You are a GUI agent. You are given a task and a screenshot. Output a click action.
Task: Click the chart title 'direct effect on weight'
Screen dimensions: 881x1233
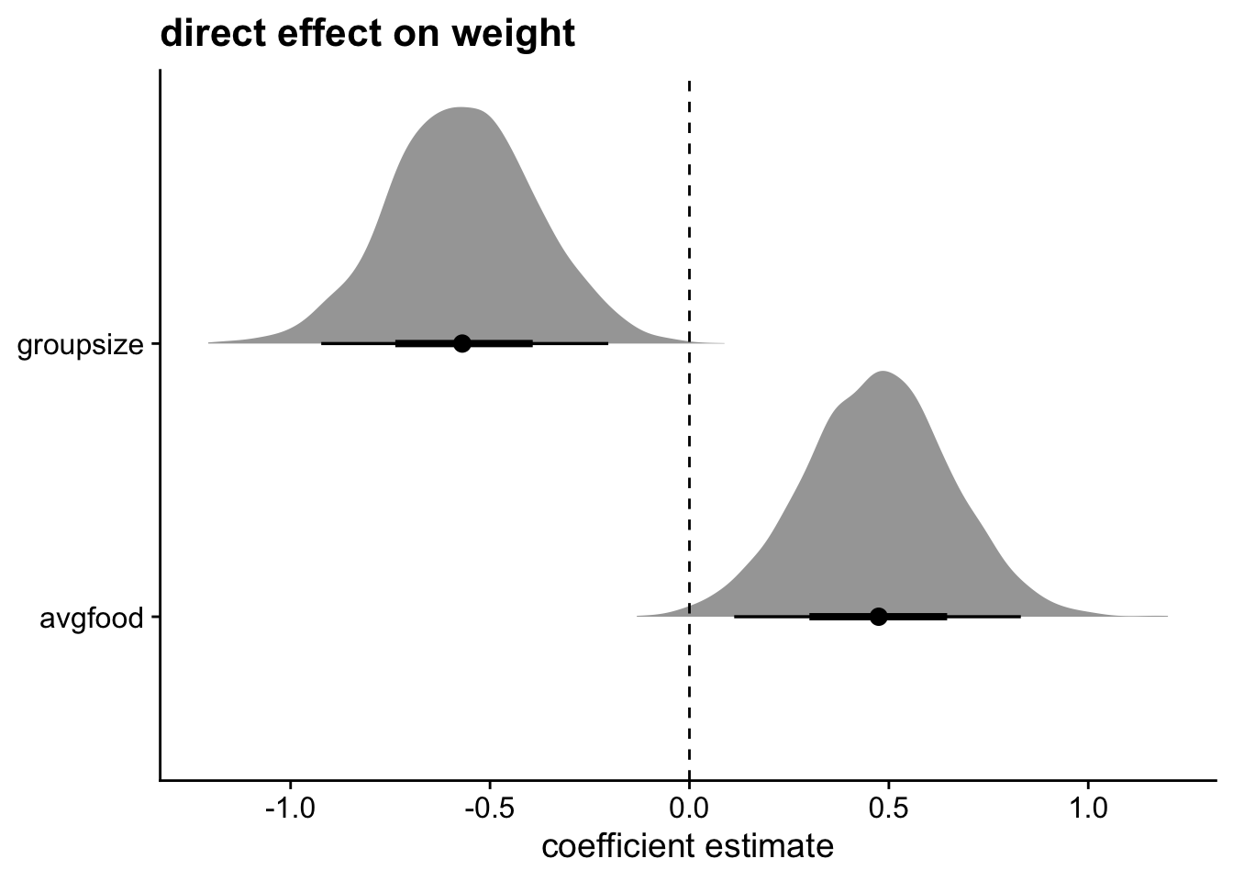pos(367,34)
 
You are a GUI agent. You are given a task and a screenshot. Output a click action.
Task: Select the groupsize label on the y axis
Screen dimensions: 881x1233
pos(81,346)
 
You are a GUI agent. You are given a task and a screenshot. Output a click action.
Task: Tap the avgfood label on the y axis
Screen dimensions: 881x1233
pos(91,619)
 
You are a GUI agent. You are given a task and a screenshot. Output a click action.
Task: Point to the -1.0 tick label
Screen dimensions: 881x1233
pos(290,811)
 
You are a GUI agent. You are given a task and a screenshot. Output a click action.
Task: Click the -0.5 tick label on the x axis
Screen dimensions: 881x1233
pos(489,811)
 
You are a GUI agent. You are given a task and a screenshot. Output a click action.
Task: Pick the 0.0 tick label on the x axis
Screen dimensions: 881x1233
pos(689,811)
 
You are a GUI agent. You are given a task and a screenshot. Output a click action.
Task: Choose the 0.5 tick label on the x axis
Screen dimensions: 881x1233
pos(888,811)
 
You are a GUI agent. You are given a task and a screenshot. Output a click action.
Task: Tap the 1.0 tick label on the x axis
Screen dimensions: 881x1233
pos(1087,811)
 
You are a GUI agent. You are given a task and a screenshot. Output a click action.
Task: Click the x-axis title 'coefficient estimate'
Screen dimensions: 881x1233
pos(688,846)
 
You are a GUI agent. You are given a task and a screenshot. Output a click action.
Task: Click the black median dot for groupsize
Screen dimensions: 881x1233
pos(462,343)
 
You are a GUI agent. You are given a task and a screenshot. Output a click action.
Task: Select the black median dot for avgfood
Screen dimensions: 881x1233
pos(879,616)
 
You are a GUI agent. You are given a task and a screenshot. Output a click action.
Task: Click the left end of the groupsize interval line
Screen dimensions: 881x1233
pos(322,343)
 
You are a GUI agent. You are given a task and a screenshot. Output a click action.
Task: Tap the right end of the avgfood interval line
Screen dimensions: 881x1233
pos(1020,616)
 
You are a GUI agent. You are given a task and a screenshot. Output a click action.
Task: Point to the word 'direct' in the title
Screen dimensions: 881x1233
pos(204,34)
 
